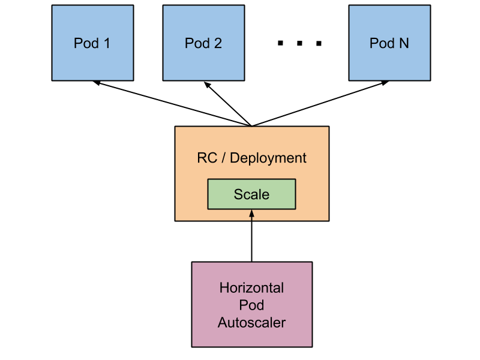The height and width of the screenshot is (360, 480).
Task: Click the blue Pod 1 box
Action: pos(92,43)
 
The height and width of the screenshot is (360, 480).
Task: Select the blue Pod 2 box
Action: pos(203,43)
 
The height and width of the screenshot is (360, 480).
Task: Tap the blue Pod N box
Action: pos(389,43)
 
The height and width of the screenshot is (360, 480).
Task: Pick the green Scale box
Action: pos(251,194)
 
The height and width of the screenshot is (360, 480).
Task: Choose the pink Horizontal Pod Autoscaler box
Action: pos(251,304)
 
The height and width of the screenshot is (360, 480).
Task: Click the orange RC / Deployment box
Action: pos(251,144)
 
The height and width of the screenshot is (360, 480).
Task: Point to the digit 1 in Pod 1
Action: pos(107,43)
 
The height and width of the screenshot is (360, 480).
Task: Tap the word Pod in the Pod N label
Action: pos(382,43)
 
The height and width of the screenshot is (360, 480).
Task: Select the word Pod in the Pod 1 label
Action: pos(85,43)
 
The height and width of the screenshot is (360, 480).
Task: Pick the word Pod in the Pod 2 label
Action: pos(196,43)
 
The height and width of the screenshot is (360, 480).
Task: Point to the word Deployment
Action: pos(268,159)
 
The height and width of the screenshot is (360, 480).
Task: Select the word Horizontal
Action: pos(251,287)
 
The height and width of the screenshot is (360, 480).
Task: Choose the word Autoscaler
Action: pos(251,323)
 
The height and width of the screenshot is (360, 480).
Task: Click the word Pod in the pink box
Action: pos(251,305)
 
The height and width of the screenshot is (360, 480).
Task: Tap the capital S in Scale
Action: pos(238,194)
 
